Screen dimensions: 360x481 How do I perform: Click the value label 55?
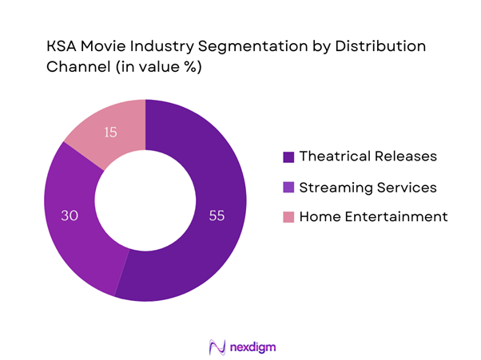(x=217, y=215)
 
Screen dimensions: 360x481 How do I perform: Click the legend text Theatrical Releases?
(x=367, y=156)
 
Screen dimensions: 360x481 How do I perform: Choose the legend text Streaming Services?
(x=367, y=188)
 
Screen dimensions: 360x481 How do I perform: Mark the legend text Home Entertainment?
(x=372, y=216)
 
